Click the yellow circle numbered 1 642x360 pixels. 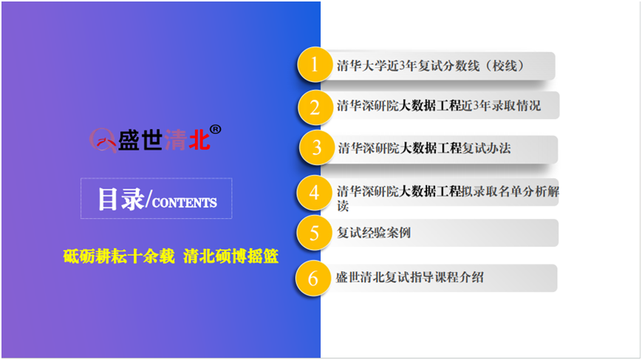tap(315, 65)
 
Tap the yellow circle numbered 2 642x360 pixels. tap(315, 107)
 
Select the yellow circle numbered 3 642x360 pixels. tap(316, 147)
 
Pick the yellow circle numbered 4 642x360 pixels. tap(314, 192)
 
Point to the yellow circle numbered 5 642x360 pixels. tap(314, 233)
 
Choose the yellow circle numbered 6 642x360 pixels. tap(313, 278)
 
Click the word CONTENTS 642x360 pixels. tap(184, 203)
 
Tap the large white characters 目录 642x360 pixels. tap(121, 200)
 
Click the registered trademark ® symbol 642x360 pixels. tap(216, 130)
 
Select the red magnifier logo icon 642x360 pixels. tap(103, 140)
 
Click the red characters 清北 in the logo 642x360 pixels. tap(187, 140)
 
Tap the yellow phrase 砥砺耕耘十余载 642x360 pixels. tap(119, 257)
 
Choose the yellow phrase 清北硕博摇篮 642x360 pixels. tap(231, 257)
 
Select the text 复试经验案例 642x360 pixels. tap(373, 233)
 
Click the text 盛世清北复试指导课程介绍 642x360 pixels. tap(410, 277)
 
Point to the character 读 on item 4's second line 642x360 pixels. tap(343, 206)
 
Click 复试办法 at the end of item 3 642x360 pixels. tap(486, 148)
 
